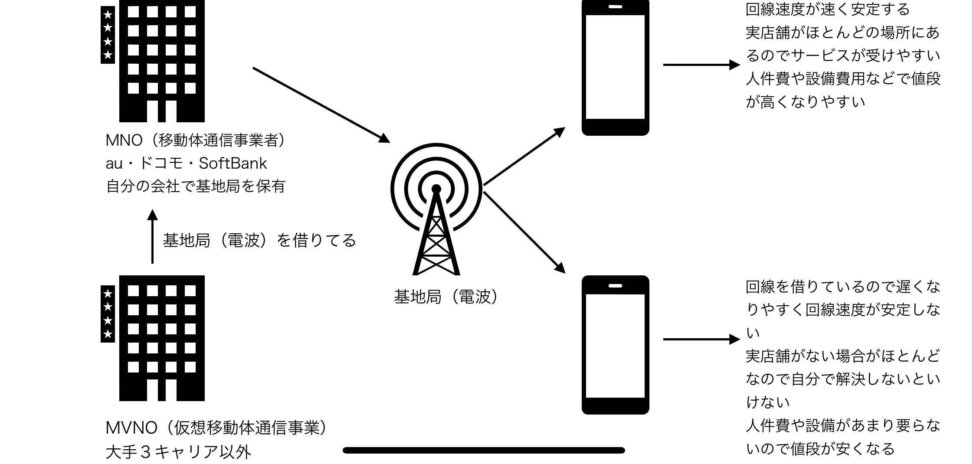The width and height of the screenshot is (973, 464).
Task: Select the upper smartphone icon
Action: (615, 67)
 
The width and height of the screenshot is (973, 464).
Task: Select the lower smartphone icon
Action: (615, 345)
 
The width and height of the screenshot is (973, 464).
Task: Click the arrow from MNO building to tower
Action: (321, 105)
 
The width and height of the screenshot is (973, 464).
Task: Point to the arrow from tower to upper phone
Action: (524, 157)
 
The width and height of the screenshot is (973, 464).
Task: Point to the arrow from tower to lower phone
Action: (524, 232)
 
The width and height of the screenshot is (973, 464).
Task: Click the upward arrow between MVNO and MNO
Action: (152, 236)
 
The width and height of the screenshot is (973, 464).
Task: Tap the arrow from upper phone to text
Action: (701, 65)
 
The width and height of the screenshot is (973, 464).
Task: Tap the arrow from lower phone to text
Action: (701, 339)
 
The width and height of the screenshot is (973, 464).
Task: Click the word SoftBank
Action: (233, 163)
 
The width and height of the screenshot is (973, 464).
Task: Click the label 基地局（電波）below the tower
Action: (446, 297)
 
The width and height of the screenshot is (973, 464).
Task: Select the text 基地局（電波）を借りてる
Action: (259, 240)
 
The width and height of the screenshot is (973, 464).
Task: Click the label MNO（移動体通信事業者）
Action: (195, 140)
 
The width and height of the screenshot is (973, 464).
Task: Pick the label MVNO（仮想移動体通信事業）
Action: (216, 428)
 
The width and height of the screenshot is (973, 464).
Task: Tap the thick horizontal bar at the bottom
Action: (484, 451)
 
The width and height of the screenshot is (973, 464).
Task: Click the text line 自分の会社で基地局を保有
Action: (196, 186)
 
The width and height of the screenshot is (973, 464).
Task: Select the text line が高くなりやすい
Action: (805, 102)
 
